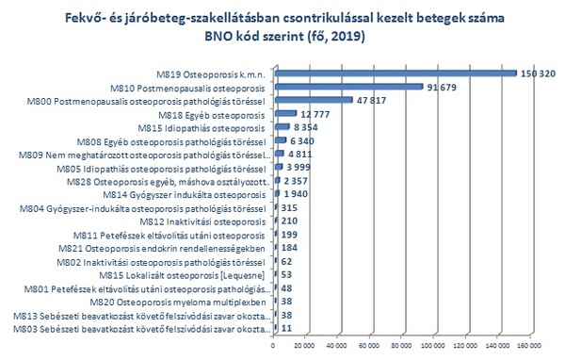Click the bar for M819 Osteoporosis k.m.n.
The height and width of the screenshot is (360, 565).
tap(395, 73)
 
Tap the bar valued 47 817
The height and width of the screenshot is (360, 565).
tap(313, 99)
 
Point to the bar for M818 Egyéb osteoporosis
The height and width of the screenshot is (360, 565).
tap(283, 113)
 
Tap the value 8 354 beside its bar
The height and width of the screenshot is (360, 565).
tap(305, 126)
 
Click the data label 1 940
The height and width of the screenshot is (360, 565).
tap(295, 193)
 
